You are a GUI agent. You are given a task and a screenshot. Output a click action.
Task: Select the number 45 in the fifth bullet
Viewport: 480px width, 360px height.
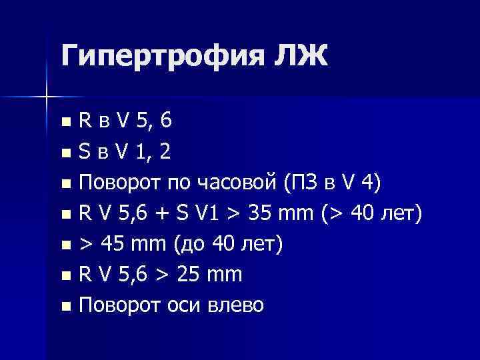(114, 245)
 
